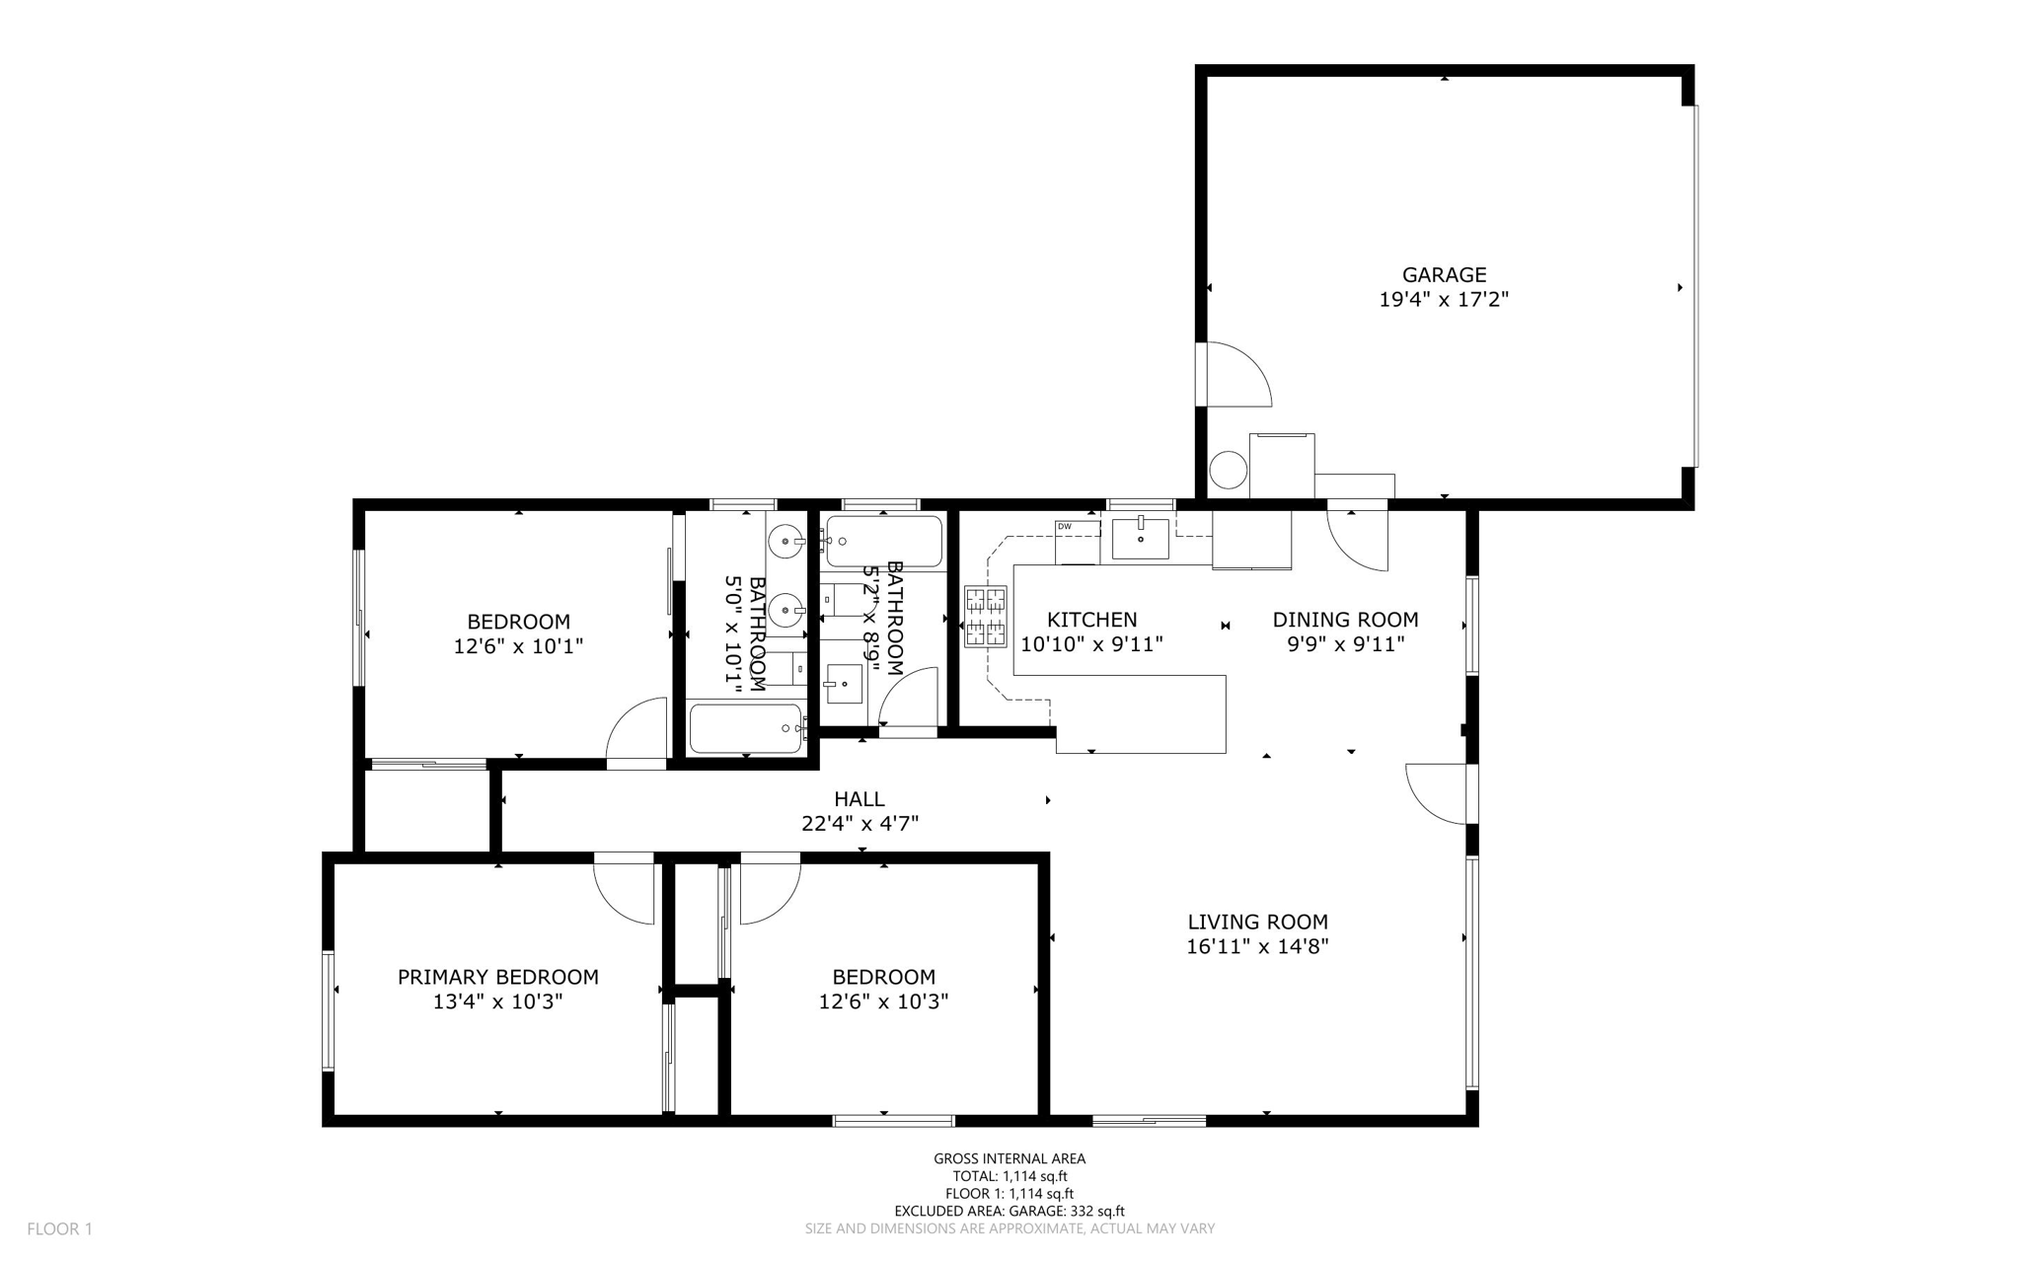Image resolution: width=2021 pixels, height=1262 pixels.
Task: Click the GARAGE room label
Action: tap(1444, 275)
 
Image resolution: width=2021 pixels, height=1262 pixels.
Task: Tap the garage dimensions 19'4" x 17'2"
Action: tap(1444, 300)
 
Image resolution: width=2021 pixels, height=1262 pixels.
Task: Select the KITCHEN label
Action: tap(1091, 620)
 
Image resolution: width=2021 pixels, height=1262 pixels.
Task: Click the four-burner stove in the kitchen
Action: tap(985, 617)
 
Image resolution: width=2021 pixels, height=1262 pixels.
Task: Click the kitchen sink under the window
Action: tap(1140, 539)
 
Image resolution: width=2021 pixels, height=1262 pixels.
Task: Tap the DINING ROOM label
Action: tap(1345, 620)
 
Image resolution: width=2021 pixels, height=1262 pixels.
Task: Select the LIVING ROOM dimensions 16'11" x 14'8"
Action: tap(1257, 947)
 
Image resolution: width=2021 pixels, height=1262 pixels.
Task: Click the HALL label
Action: tap(859, 799)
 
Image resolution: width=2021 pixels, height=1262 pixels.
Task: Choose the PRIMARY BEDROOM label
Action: tap(497, 977)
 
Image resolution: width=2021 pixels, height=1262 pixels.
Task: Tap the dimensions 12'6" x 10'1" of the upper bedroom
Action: tap(518, 647)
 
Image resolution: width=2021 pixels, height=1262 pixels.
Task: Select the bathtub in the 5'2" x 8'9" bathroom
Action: tap(884, 542)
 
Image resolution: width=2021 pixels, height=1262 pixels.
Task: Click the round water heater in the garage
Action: tap(1229, 470)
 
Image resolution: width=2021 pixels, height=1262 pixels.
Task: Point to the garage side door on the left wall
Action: tap(1234, 375)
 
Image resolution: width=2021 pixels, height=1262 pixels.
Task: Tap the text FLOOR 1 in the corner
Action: tap(59, 1229)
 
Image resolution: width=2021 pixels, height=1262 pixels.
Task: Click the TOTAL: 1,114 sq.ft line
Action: tap(1010, 1176)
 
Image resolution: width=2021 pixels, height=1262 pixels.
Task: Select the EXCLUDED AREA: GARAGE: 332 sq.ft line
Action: tap(1010, 1212)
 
